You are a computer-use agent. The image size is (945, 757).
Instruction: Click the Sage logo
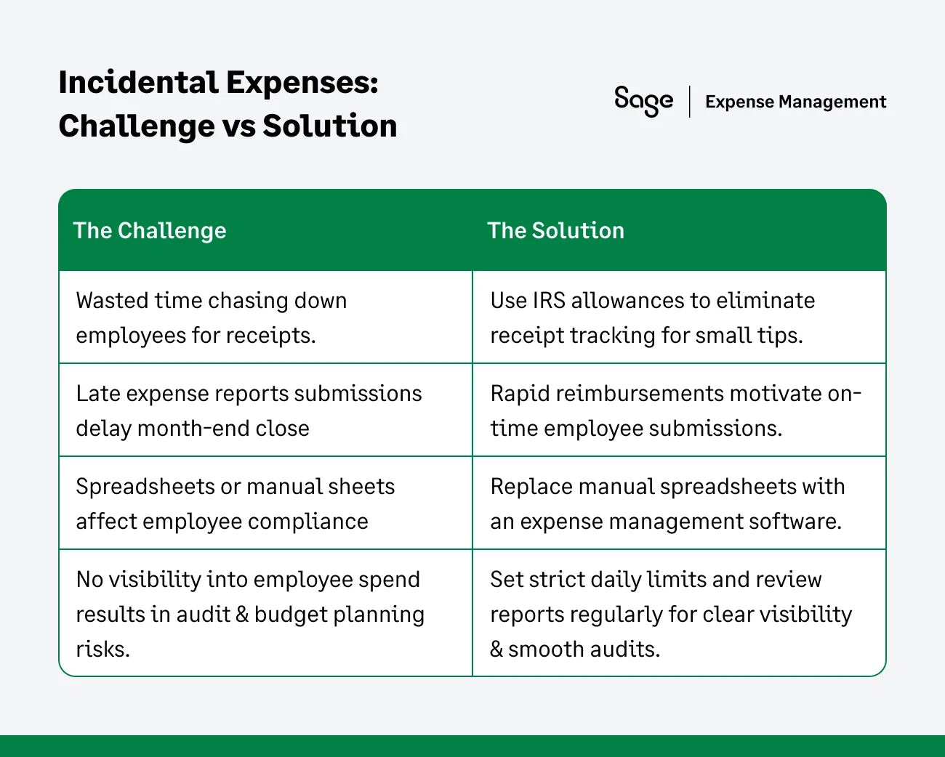[x=643, y=101]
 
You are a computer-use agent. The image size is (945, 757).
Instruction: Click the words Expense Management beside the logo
[x=795, y=102]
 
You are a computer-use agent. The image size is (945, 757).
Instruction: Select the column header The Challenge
[x=150, y=230]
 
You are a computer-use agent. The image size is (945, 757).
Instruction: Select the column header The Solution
[x=555, y=230]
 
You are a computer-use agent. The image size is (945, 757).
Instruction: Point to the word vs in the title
[x=238, y=126]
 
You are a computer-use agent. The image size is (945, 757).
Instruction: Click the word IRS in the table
[x=549, y=301]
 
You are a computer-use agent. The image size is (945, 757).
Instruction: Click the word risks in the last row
[x=102, y=649]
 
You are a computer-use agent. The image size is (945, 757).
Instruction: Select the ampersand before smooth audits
[x=496, y=649]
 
